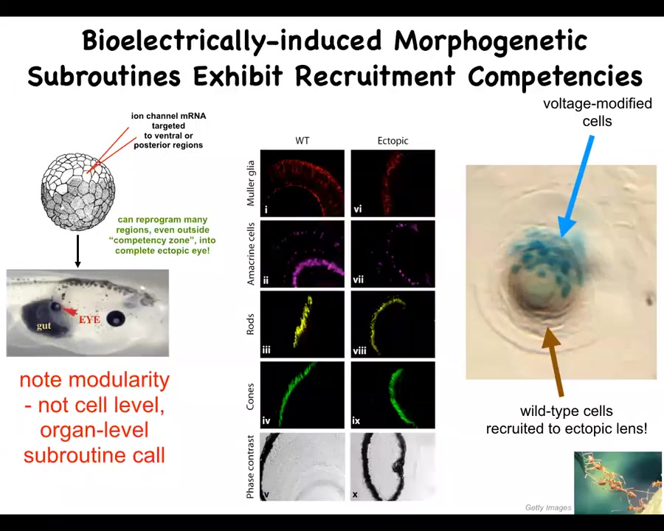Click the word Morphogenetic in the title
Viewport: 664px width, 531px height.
pos(491,41)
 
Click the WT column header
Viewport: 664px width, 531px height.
pos(302,141)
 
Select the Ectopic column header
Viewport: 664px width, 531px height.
pos(392,141)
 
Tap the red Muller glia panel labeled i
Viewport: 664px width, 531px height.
pos(302,183)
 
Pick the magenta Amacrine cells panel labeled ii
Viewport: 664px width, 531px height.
pos(302,254)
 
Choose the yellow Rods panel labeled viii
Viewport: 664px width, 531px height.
pos(393,324)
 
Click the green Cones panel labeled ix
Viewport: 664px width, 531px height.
pos(393,395)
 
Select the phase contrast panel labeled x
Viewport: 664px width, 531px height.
pos(393,466)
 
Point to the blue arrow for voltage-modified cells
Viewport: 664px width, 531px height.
pos(576,187)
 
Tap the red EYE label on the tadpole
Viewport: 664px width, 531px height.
pos(89,319)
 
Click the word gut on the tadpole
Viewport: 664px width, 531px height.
pos(44,326)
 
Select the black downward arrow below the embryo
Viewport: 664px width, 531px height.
pos(77,251)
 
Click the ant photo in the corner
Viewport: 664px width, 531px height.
pos(618,483)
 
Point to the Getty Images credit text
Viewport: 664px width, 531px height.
pos(548,507)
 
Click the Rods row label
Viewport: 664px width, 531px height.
pos(250,324)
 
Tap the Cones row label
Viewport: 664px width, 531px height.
pos(250,396)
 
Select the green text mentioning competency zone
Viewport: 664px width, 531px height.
pos(162,235)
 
